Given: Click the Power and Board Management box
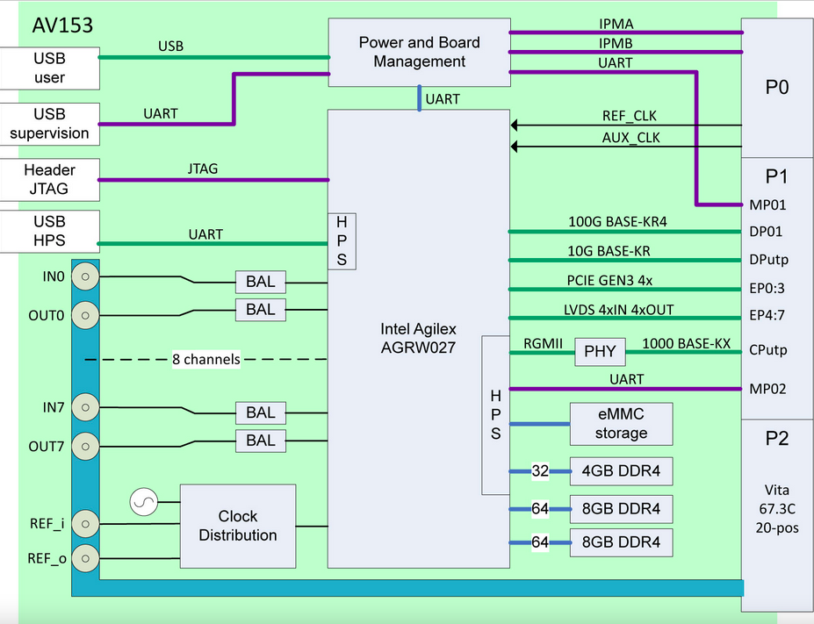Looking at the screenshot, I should (419, 53).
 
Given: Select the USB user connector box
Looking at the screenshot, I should (49, 68).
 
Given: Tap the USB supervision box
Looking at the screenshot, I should (49, 124).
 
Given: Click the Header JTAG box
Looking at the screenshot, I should (49, 179).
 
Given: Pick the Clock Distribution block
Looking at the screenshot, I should (237, 526).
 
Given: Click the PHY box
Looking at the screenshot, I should (600, 353).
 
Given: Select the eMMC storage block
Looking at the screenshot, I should (621, 424).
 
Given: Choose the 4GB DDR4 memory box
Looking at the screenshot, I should (621, 472).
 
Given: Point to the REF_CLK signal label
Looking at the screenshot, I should (629, 116).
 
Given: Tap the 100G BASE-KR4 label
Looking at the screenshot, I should (617, 222).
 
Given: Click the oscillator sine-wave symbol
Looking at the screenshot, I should (142, 503).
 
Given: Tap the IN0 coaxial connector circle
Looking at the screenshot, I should (84, 276).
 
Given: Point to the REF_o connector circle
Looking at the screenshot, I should (84, 557).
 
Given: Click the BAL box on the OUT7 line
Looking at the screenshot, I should (260, 441).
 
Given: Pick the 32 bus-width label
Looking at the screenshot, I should (539, 472).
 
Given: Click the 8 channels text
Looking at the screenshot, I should (206, 359).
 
